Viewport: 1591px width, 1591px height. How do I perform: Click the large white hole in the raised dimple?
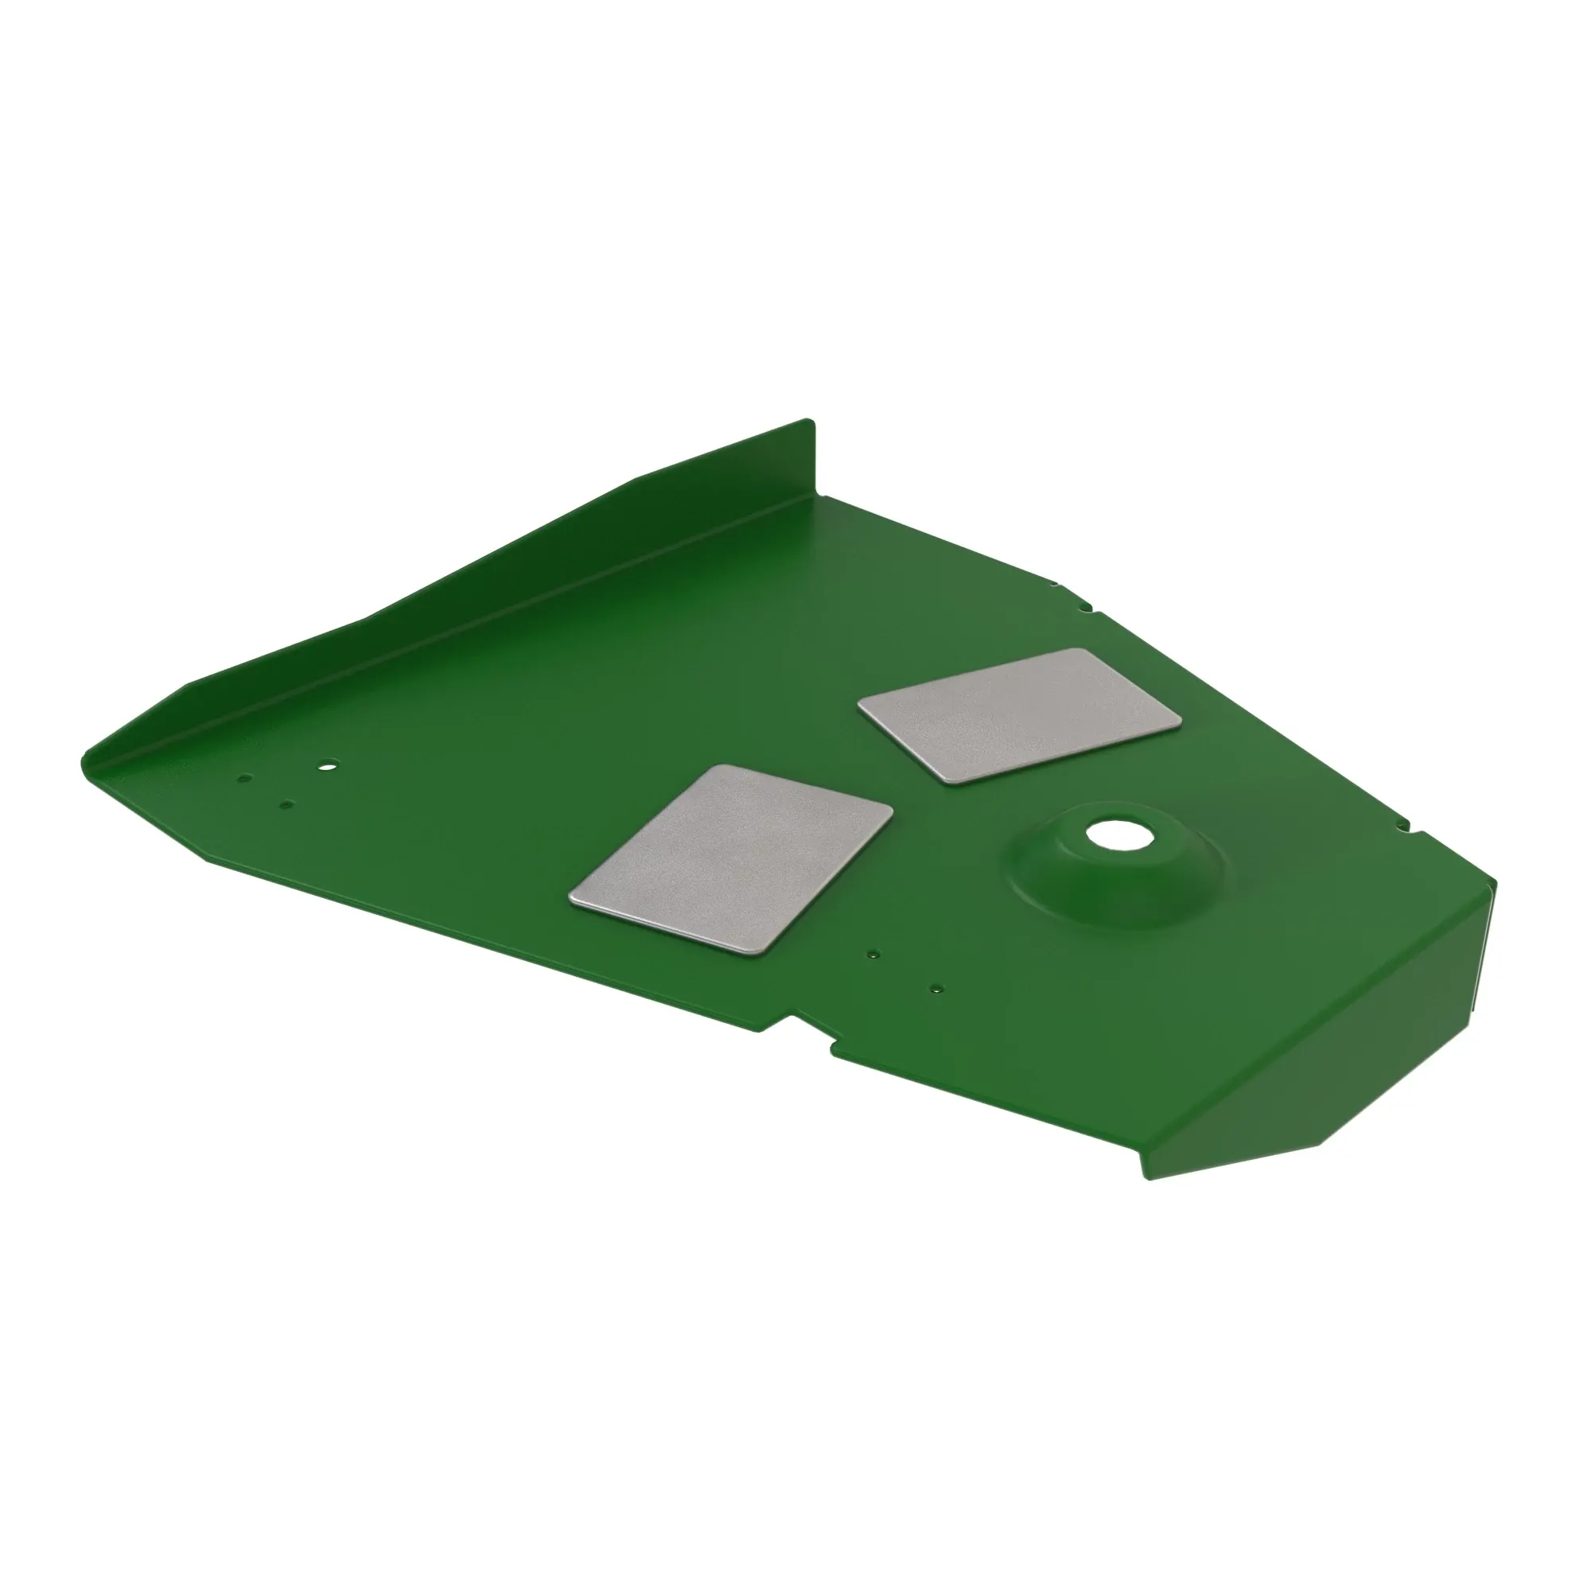pos(1109,835)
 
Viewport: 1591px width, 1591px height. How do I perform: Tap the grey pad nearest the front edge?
pos(731,861)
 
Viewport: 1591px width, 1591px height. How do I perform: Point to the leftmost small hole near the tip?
pos(243,777)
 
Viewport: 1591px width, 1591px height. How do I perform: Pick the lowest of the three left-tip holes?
pos(286,804)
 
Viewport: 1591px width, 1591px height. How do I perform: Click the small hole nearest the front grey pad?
pos(873,955)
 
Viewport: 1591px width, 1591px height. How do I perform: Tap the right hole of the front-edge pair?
pos(936,988)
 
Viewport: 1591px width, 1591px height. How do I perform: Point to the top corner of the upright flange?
pos(811,423)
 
